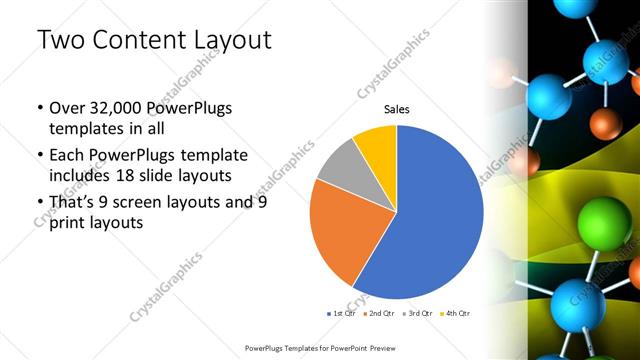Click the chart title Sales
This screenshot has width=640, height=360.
[x=396, y=109]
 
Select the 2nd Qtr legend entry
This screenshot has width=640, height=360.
[x=378, y=314]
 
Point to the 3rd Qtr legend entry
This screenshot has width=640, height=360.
[x=416, y=314]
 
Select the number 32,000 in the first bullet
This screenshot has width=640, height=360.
[x=118, y=109]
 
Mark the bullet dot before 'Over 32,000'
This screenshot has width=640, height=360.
[x=39, y=109]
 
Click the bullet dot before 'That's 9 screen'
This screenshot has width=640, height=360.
[x=39, y=203]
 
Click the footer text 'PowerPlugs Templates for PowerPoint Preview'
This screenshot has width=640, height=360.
[x=320, y=347]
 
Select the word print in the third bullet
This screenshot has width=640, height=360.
[x=68, y=224]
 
